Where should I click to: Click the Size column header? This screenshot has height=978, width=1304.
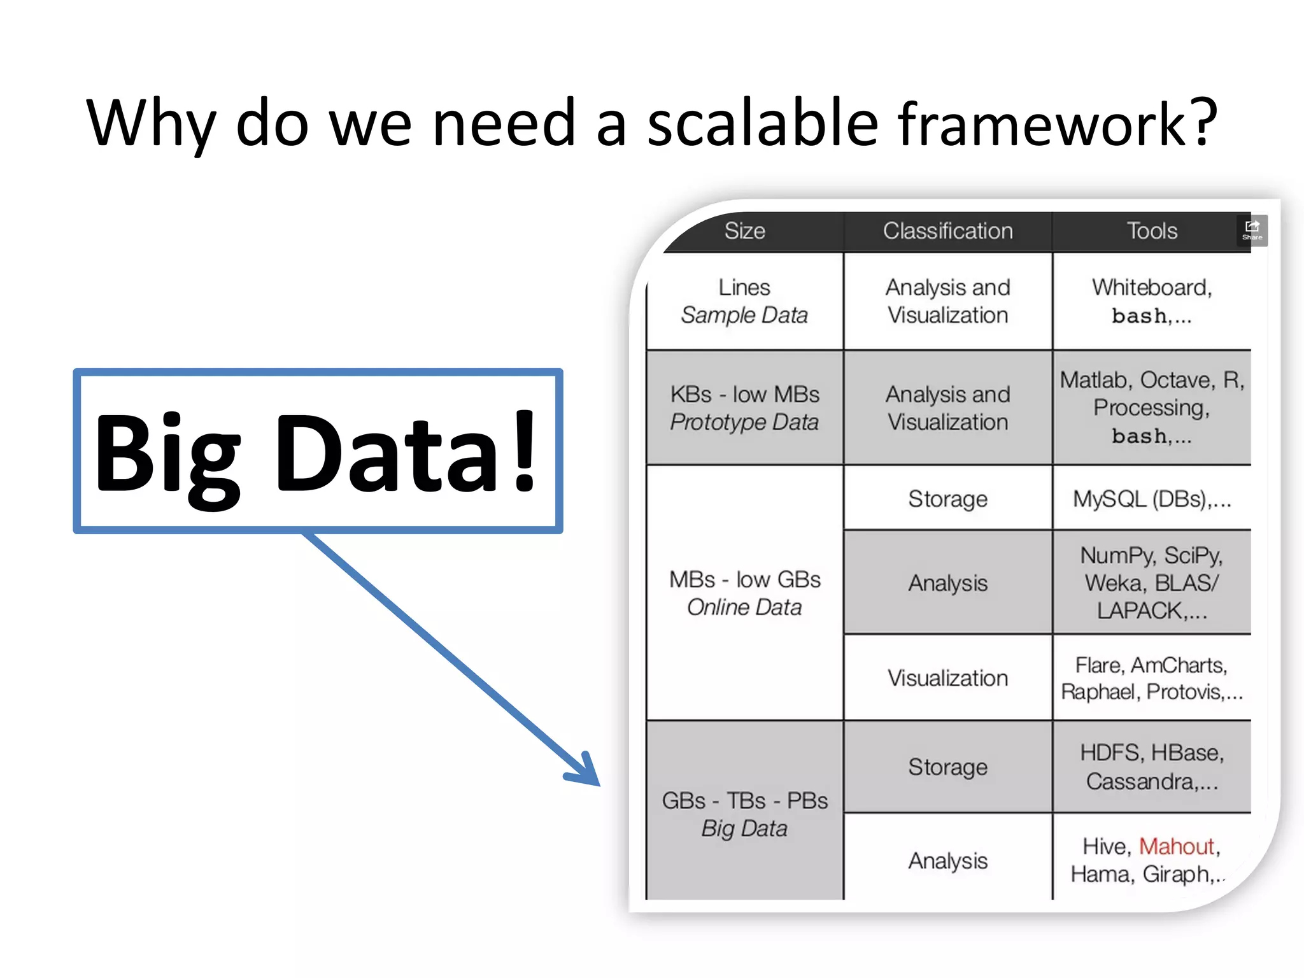744,231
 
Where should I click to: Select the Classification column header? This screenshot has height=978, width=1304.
947,231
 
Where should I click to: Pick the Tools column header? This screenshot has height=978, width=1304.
1151,231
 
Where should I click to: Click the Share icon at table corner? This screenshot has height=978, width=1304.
1252,230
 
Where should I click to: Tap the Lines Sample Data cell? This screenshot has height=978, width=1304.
744,301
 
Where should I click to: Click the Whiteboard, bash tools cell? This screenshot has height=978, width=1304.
1151,301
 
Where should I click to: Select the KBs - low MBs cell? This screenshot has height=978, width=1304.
744,408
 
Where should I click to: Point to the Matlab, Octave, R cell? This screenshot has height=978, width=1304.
1151,407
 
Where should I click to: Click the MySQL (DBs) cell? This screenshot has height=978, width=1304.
1151,499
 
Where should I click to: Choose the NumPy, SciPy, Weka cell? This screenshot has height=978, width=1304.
1151,583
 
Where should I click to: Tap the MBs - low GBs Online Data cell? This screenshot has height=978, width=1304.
744,593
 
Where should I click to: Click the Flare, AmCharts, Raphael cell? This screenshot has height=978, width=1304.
1151,678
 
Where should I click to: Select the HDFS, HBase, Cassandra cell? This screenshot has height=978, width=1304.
1151,767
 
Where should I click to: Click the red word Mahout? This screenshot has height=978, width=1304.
1176,846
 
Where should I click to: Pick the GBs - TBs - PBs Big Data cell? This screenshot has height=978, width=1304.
744,814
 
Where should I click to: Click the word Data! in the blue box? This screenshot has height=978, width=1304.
407,453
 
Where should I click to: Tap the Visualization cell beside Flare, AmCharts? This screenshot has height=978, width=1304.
947,678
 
